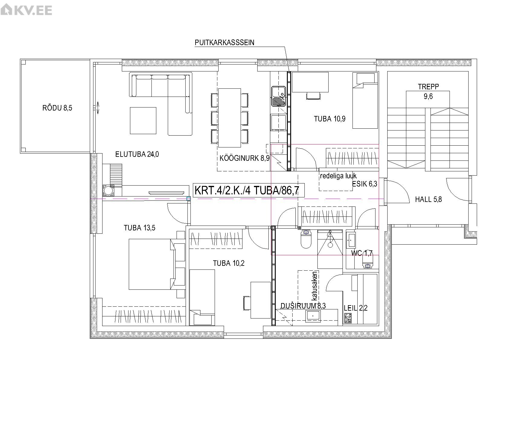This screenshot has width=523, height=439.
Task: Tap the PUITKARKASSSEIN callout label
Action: click(225, 42)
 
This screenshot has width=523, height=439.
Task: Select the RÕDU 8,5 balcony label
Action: click(57, 108)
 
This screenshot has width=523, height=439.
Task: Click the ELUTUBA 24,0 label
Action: click(137, 154)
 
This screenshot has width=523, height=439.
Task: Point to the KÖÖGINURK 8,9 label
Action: click(245, 158)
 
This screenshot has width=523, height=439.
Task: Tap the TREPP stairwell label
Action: click(428, 87)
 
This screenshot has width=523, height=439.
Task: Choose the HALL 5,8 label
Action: click(428, 200)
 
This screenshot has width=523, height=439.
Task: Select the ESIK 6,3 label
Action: click(365, 184)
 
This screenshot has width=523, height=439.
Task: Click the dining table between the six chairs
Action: click(229, 117)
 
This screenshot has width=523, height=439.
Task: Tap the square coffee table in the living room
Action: click(143, 120)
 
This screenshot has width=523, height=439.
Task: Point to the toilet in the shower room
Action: click(306, 239)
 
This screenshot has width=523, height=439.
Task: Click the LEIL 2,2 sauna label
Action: click(356, 308)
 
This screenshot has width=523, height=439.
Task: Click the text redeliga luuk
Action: click(338, 176)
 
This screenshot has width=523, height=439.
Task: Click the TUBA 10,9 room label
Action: click(330, 119)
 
